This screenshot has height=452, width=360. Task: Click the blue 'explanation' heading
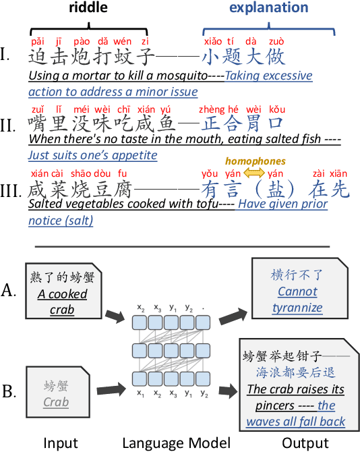pyautogui.click(x=268, y=9)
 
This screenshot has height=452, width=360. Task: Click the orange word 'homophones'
pyautogui.click(x=255, y=161)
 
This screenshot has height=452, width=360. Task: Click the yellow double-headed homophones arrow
pyautogui.click(x=254, y=173)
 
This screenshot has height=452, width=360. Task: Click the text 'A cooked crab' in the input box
pyautogui.click(x=62, y=302)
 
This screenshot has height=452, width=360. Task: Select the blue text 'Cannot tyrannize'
pyautogui.click(x=297, y=300)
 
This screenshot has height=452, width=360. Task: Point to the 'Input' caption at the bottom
pyautogui.click(x=60, y=443)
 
